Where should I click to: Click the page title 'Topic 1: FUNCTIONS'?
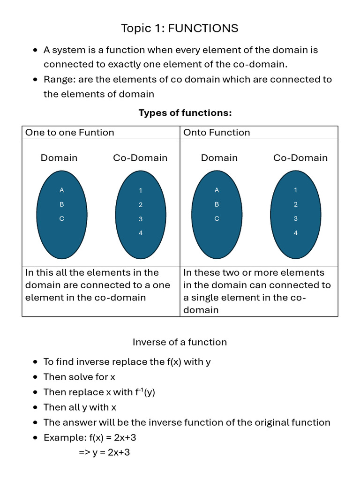tap(180, 28)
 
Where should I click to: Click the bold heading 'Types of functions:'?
tap(185, 113)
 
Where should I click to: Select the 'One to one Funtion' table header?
tap(69, 133)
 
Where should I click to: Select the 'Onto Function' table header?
tap(217, 133)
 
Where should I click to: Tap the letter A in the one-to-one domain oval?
tap(61, 190)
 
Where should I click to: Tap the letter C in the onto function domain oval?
tap(217, 219)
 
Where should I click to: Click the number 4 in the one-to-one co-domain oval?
tap(141, 233)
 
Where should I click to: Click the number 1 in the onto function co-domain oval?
tap(295, 190)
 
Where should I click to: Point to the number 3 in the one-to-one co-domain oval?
tap(141, 219)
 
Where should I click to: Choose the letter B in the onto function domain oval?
tap(217, 204)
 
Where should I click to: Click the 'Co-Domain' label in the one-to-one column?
tap(140, 158)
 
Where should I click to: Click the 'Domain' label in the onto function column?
tap(219, 158)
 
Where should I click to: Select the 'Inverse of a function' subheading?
tap(180, 342)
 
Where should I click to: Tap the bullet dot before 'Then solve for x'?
tap(36, 377)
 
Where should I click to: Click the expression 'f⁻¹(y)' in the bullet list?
tap(145, 392)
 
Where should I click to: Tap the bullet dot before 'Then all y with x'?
tap(36, 408)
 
